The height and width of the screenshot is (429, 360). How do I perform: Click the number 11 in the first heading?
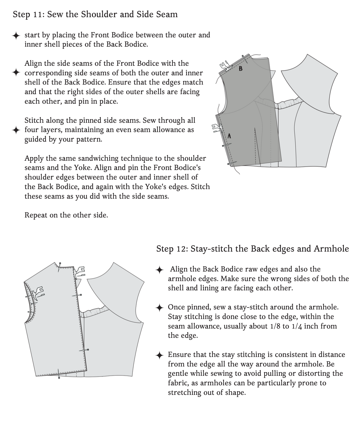[x=39, y=14]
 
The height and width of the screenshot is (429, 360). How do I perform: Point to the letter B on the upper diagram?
[x=240, y=68]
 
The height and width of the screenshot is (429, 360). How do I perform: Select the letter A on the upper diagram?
[x=229, y=136]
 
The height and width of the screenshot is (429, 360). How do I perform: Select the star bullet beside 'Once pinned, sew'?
[x=159, y=308]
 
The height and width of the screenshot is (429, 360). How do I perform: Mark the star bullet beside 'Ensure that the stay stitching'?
[x=159, y=355]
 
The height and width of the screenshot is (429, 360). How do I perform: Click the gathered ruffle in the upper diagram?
[x=290, y=103]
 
